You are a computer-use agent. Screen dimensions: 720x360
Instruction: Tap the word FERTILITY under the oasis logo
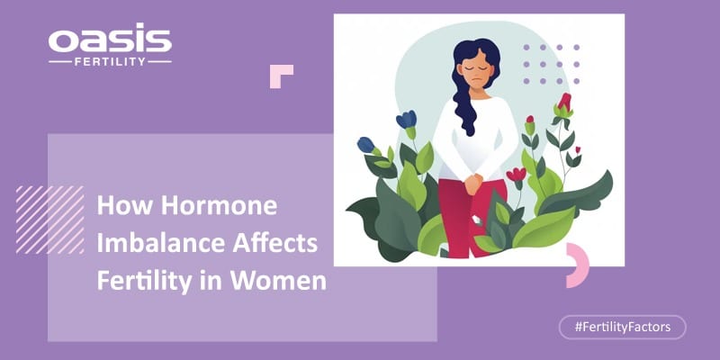click(x=110, y=61)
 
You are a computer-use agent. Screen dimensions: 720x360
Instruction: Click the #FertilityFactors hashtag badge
click(x=622, y=328)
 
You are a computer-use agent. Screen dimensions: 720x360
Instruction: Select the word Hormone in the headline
click(x=220, y=206)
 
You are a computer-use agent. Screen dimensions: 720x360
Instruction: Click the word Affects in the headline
click(x=275, y=243)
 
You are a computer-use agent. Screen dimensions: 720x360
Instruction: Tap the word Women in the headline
click(x=278, y=281)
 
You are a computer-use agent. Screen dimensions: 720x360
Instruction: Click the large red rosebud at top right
click(x=564, y=103)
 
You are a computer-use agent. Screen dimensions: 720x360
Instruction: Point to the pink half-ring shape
click(x=580, y=265)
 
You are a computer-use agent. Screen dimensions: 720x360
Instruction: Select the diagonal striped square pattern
click(x=50, y=220)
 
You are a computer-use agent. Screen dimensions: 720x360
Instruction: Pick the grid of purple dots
click(x=551, y=64)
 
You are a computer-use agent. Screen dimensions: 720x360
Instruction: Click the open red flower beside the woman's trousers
click(x=516, y=175)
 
